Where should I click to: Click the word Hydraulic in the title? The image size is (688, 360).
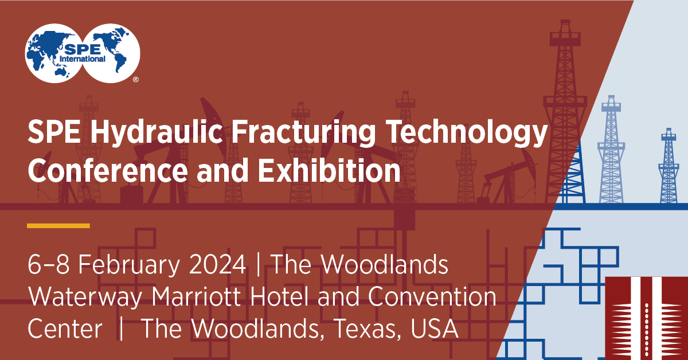156,132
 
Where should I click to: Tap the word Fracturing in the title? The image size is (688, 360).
303,132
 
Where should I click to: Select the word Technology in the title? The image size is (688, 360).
467,132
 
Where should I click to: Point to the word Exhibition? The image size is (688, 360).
329,170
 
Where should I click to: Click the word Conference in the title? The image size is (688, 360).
108,170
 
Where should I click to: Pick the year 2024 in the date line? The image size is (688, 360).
217,264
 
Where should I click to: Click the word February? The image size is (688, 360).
128,265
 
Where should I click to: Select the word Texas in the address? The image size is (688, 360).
367,329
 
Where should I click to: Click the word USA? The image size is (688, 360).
435,328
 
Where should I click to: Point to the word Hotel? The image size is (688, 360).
279,297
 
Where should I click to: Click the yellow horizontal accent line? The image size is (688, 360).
58,226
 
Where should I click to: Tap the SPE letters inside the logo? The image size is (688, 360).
83,49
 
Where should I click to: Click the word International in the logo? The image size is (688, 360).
83,58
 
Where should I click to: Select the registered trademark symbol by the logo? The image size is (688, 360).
136,80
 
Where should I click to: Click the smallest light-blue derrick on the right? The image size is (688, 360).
669,166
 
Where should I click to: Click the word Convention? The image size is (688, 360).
432,297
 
